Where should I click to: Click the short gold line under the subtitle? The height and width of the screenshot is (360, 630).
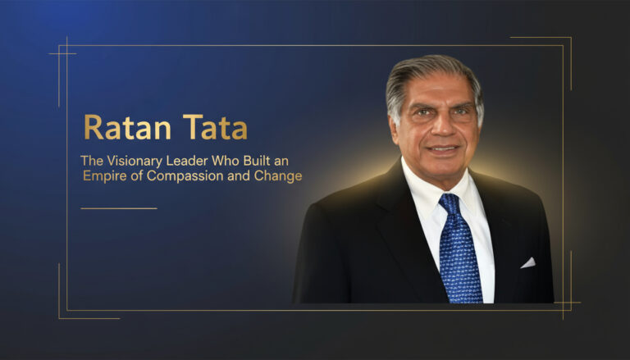click(x=118, y=208)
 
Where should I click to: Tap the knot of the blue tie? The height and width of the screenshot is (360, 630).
click(x=449, y=201)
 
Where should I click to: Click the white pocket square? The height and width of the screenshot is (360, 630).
click(x=527, y=263)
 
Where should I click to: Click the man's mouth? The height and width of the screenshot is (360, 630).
click(x=442, y=150)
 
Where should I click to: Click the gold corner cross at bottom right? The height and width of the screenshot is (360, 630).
click(x=564, y=309)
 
